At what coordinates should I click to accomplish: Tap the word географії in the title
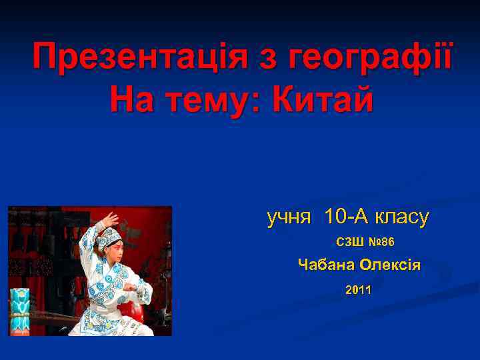371,60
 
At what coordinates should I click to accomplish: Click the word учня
289,217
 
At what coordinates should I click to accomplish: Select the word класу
402,217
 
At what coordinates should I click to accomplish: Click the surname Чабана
325,265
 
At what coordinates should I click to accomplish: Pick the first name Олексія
390,265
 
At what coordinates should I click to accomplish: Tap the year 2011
359,290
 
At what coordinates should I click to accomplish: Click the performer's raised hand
110,220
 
